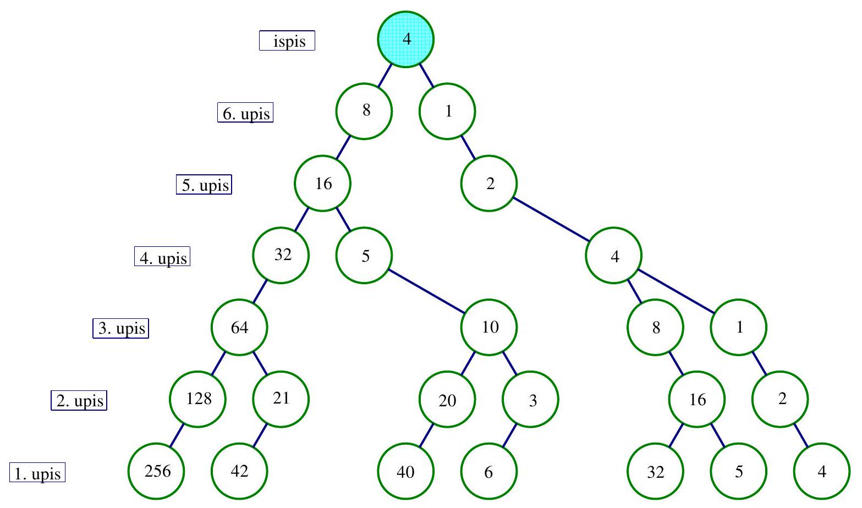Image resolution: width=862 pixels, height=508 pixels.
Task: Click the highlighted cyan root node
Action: tap(406, 39)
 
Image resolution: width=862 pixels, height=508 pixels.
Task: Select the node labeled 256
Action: tap(157, 471)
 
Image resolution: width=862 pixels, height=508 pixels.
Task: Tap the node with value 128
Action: tap(198, 399)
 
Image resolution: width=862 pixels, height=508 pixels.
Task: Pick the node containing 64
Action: tap(239, 328)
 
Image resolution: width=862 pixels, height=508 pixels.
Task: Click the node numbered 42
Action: tap(239, 471)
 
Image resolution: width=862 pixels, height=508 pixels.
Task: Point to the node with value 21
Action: tap(281, 399)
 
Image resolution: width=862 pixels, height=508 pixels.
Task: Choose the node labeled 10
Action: tap(489, 328)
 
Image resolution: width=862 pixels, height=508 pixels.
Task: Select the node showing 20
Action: tap(447, 400)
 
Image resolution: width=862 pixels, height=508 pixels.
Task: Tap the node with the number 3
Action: tap(531, 400)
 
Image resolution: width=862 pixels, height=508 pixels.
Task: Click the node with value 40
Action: tap(406, 471)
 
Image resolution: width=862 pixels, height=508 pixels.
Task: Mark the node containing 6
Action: tap(489, 471)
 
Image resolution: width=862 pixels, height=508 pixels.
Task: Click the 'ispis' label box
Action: tap(287, 41)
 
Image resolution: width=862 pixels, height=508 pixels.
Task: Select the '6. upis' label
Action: tap(245, 113)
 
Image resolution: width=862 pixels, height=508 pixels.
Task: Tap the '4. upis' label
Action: tap(162, 257)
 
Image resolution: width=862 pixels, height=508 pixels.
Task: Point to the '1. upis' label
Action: tap(37, 473)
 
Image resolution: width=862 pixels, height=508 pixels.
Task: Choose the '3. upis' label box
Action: tap(120, 329)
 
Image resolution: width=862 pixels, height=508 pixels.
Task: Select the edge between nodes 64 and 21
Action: tap(260, 363)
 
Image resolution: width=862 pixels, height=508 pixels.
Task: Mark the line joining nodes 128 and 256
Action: tap(177, 435)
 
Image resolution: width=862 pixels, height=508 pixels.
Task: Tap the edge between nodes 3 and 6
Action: tap(510, 435)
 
